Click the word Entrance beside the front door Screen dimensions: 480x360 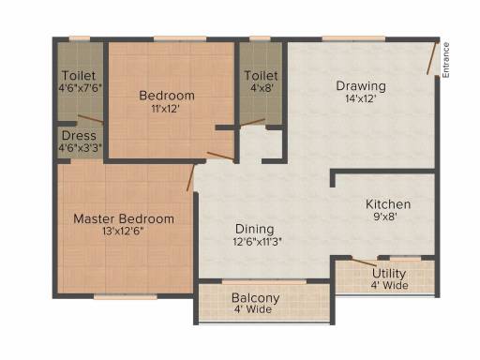click(x=446, y=60)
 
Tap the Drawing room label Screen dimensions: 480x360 click(x=361, y=85)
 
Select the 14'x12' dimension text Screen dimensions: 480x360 click(x=361, y=98)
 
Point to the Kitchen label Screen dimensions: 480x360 click(x=388, y=204)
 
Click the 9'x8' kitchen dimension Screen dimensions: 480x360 click(x=385, y=217)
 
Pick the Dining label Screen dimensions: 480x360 click(x=255, y=229)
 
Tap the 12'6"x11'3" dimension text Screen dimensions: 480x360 click(x=258, y=242)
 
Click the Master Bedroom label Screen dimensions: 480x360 click(x=124, y=218)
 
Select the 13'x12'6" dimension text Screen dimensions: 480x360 click(x=123, y=232)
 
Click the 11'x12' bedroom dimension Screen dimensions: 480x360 click(x=165, y=109)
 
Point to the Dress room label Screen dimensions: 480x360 click(x=79, y=136)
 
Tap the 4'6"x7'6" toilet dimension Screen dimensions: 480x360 click(x=81, y=88)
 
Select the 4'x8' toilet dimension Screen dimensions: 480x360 click(x=262, y=88)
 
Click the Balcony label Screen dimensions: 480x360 click(x=255, y=298)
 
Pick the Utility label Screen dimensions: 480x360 click(x=389, y=274)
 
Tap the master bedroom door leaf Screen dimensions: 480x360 click(x=190, y=177)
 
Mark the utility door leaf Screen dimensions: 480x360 click(x=364, y=262)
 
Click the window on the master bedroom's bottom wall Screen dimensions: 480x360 click(x=126, y=296)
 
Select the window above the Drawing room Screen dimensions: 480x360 click(x=353, y=38)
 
